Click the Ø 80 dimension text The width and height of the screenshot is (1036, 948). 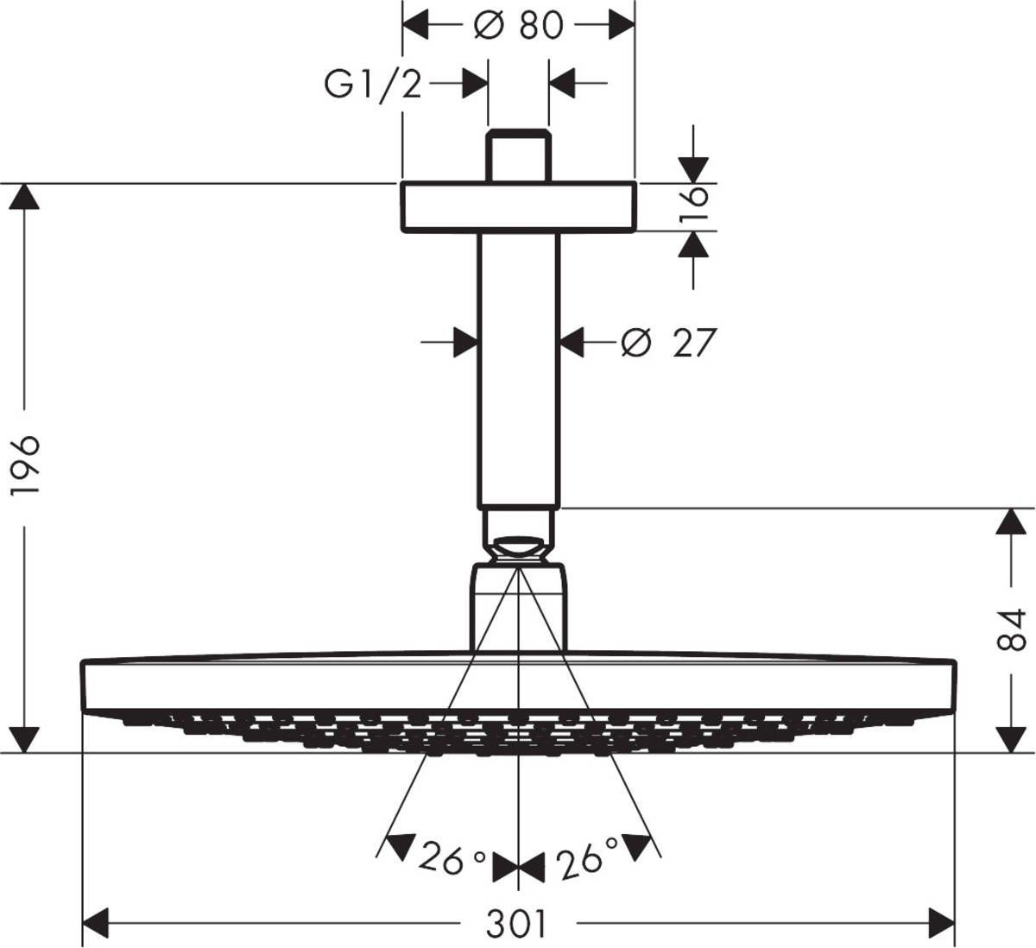point(519,25)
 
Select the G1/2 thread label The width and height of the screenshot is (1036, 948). point(373,85)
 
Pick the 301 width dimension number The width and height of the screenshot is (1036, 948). point(516,925)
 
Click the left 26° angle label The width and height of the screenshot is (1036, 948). point(452,859)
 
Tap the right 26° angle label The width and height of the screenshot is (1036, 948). point(587,859)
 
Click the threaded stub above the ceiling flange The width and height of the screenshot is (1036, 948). point(518,156)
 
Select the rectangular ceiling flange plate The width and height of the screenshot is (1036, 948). point(518,207)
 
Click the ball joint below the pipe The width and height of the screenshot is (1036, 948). point(518,547)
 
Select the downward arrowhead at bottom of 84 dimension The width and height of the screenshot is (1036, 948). point(1011,739)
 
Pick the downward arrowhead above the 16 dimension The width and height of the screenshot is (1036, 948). point(692,169)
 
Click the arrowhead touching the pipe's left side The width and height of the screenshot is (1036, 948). point(465,343)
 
